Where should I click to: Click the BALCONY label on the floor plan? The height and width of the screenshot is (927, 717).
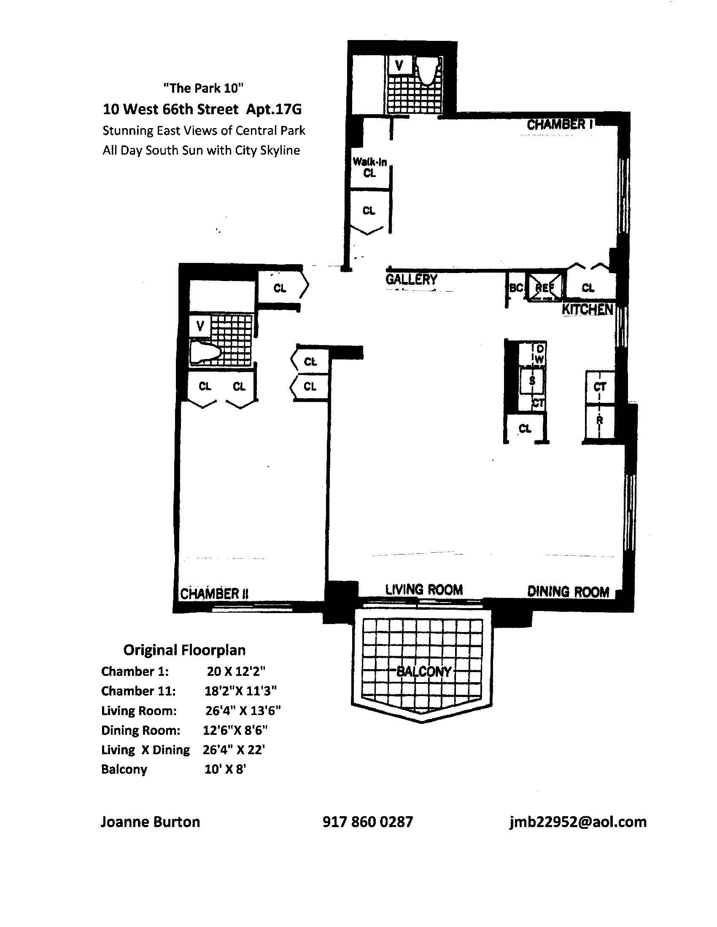tap(423, 672)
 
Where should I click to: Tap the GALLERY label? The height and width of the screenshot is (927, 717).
tap(411, 279)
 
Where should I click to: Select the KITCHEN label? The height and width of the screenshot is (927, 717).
tap(588, 309)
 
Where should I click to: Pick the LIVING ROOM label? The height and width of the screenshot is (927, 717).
tap(424, 589)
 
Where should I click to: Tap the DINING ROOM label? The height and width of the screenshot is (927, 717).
tap(569, 592)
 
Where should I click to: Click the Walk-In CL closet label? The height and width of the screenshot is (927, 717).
tap(369, 167)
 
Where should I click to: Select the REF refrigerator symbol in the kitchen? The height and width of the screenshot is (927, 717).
tap(544, 287)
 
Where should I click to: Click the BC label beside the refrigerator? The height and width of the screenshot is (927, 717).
tap(516, 288)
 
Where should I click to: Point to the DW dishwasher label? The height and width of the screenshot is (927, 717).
tap(539, 354)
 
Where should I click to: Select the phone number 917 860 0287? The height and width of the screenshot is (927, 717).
tap(367, 822)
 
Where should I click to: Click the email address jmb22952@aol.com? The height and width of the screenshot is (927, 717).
tap(578, 822)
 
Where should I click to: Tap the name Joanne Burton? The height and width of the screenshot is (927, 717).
tap(150, 822)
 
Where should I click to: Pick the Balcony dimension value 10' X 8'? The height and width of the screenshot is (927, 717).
tap(225, 769)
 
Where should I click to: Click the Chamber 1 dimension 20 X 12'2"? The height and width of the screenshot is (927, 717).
tap(236, 672)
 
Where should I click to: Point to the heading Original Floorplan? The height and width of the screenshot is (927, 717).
tap(184, 650)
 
